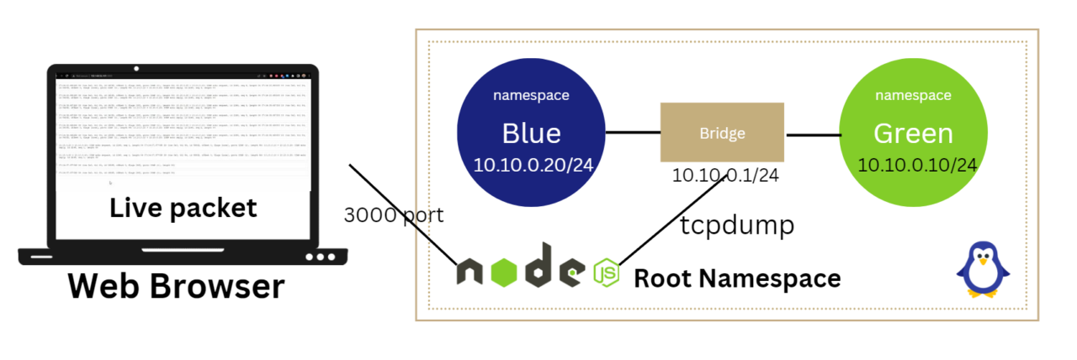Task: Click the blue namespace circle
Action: (531, 130)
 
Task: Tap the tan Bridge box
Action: (722, 132)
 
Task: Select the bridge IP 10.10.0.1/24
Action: (725, 176)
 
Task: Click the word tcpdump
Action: (737, 226)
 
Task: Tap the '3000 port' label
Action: (393, 214)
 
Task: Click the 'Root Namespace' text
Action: (736, 278)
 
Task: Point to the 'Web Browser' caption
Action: (176, 287)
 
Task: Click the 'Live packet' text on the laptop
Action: (183, 208)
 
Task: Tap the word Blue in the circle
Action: (531, 133)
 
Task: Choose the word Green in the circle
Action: (913, 133)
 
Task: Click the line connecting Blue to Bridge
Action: (633, 132)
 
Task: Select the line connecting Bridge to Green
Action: (813, 135)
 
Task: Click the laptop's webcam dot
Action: (135, 69)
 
